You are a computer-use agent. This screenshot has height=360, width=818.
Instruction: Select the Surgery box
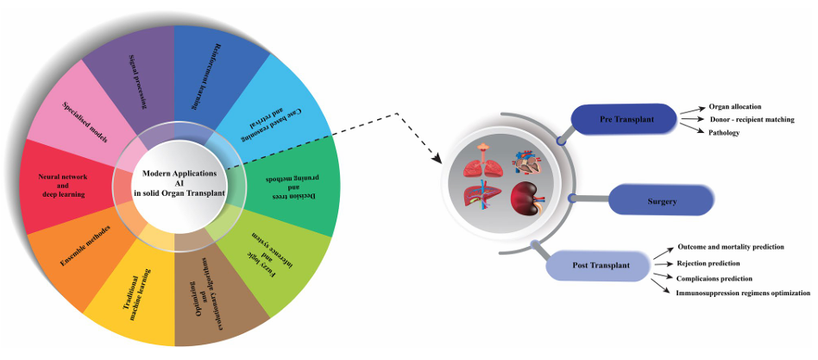[662, 200]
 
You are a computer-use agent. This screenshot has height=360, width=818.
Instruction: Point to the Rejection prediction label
[720, 262]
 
